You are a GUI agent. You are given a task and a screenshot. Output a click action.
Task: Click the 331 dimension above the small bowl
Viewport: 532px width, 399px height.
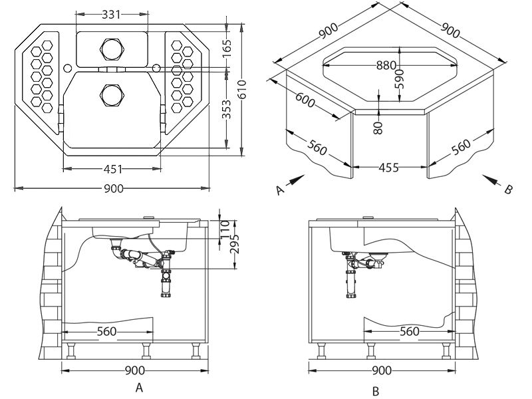tap(112, 13)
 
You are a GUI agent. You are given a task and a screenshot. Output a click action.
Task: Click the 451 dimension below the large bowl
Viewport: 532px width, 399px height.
tap(112, 168)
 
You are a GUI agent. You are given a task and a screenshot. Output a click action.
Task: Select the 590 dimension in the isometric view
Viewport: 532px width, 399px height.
tap(400, 77)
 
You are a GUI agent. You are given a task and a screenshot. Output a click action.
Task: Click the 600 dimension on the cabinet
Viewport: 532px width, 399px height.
tap(305, 100)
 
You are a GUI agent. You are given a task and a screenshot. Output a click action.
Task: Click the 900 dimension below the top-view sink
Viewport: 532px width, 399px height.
tap(113, 189)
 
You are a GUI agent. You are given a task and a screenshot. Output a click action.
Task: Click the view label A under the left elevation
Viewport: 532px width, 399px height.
tap(138, 386)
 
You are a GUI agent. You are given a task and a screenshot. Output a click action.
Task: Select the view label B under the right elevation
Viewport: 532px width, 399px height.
tap(376, 390)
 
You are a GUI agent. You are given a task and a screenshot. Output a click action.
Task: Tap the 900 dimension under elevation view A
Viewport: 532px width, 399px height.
tap(135, 370)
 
